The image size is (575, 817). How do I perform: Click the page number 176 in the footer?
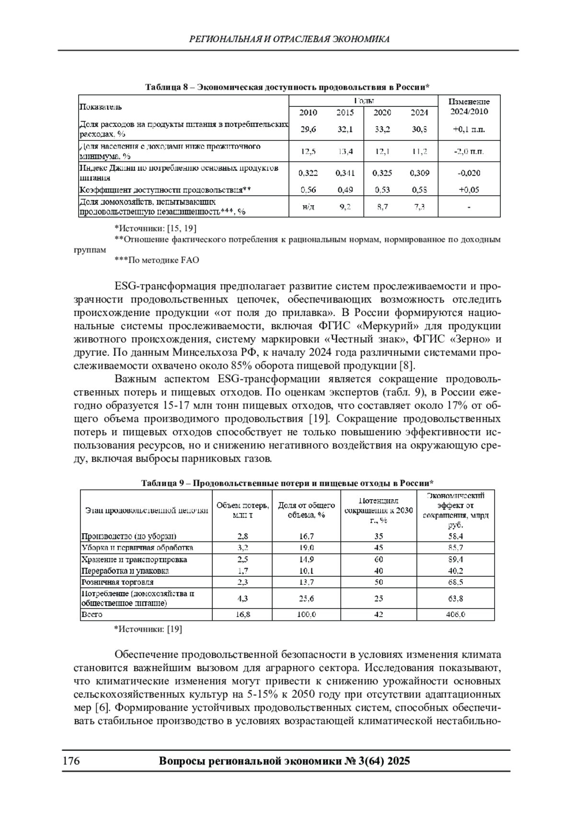70,761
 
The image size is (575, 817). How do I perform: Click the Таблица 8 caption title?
287,87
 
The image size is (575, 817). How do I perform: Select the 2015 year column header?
345,113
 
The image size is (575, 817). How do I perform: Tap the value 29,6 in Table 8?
308,129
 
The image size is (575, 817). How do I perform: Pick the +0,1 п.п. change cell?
469,129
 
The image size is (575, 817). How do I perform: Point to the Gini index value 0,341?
345,173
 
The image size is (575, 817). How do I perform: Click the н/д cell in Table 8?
308,207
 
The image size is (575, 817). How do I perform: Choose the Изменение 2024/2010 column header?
469,106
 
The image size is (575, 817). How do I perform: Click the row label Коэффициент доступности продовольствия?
165,190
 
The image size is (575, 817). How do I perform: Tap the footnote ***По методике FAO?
157,260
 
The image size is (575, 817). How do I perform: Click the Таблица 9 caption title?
287,483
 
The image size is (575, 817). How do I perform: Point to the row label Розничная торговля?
117,583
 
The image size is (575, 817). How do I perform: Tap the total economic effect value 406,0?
455,615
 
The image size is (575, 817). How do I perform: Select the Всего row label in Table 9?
92,615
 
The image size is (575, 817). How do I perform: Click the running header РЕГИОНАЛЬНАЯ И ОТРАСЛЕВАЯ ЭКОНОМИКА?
289,39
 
